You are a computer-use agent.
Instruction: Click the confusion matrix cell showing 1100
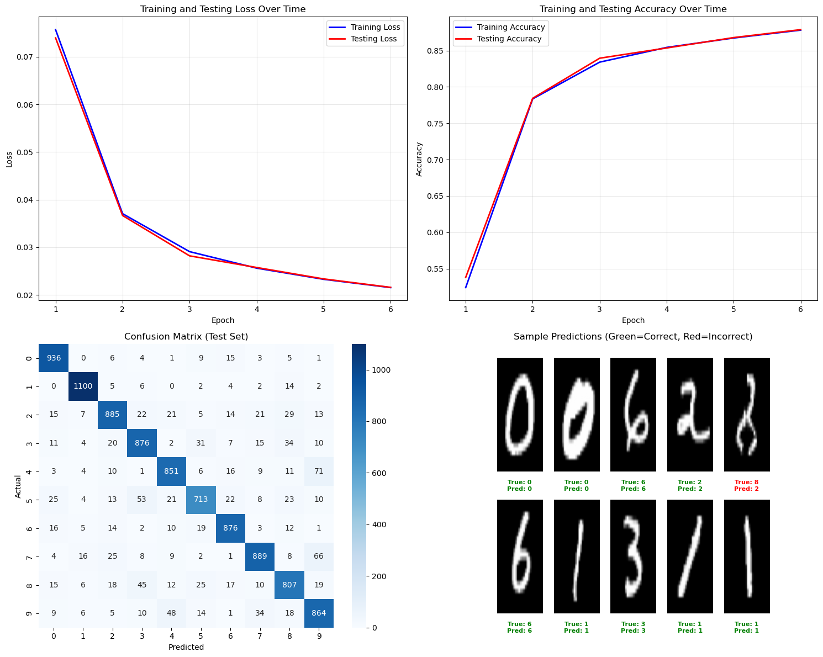[83, 386]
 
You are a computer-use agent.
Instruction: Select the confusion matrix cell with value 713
[201, 500]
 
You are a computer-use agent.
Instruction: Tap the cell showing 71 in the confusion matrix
[319, 471]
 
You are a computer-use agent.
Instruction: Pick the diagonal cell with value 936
[54, 358]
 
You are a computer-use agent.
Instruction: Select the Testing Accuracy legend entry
[509, 39]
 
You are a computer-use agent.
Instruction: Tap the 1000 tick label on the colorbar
[380, 370]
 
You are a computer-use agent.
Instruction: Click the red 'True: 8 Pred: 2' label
[746, 485]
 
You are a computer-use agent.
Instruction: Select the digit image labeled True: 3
[633, 556]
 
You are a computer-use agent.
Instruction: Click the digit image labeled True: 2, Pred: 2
[690, 414]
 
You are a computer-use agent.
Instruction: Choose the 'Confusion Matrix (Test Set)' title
[186, 336]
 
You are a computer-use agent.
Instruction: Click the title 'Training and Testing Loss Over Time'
[223, 9]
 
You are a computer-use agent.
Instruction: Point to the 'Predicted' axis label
[186, 647]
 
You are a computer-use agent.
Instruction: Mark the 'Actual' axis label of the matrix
[18, 486]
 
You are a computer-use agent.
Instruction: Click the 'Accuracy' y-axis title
[419, 159]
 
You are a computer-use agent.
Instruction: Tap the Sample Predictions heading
[633, 336]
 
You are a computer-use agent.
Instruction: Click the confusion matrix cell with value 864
[319, 613]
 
